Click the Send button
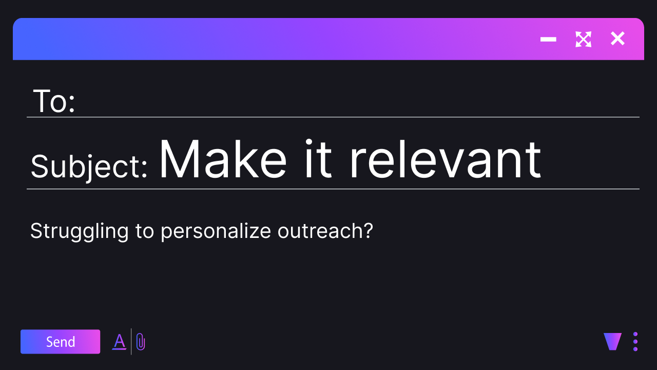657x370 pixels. coord(60,342)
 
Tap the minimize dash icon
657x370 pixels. coord(548,39)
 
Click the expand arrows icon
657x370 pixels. coord(584,39)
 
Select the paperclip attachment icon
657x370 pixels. coord(141,342)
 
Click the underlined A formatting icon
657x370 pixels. coord(119,342)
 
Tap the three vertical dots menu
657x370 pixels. coord(635,342)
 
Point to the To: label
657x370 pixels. coord(54,101)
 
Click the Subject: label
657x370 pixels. coord(89,166)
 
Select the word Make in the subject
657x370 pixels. coord(223,159)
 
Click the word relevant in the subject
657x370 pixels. coord(446,159)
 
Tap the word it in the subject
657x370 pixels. coord(319,159)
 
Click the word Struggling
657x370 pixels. coord(80,231)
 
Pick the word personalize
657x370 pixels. coord(216,231)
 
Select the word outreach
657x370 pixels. coord(321,231)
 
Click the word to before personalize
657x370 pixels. coord(145,231)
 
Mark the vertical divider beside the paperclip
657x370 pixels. coord(131,342)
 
